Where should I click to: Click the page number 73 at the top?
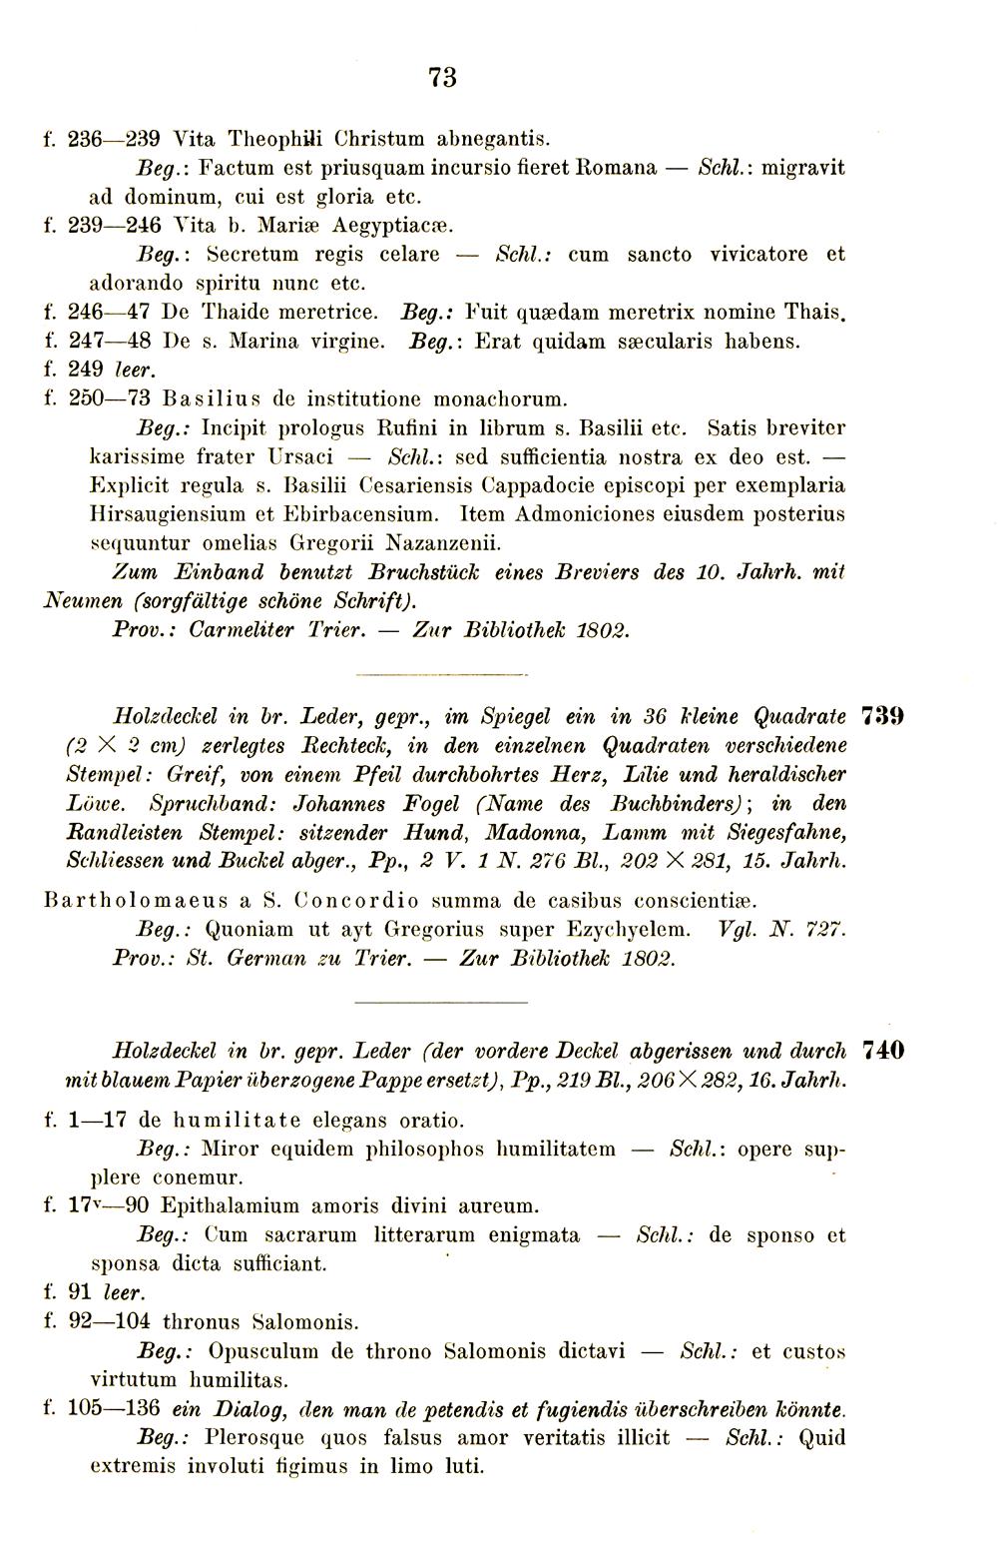442,77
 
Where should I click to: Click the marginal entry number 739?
882,716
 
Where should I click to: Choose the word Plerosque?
252,1438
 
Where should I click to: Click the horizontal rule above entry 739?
439,675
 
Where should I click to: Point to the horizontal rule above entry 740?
439,1000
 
